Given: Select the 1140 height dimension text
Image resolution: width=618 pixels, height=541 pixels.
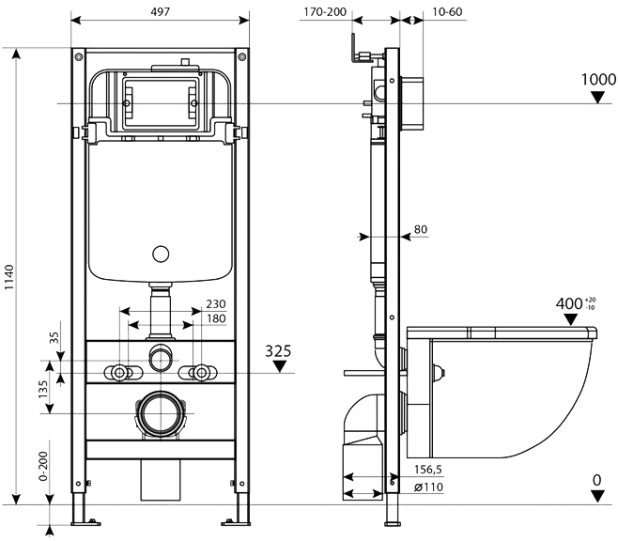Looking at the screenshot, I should click(x=9, y=280).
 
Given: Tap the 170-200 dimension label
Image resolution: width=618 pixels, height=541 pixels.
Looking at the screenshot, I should click(x=324, y=13).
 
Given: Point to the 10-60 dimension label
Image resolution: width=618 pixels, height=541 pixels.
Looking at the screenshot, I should click(x=448, y=13).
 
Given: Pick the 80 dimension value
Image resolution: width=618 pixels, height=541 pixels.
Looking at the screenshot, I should click(x=420, y=227).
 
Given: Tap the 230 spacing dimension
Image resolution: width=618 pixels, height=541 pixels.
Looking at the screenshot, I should click(x=216, y=303).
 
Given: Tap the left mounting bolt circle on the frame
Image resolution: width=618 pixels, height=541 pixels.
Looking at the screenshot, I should click(x=120, y=372).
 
